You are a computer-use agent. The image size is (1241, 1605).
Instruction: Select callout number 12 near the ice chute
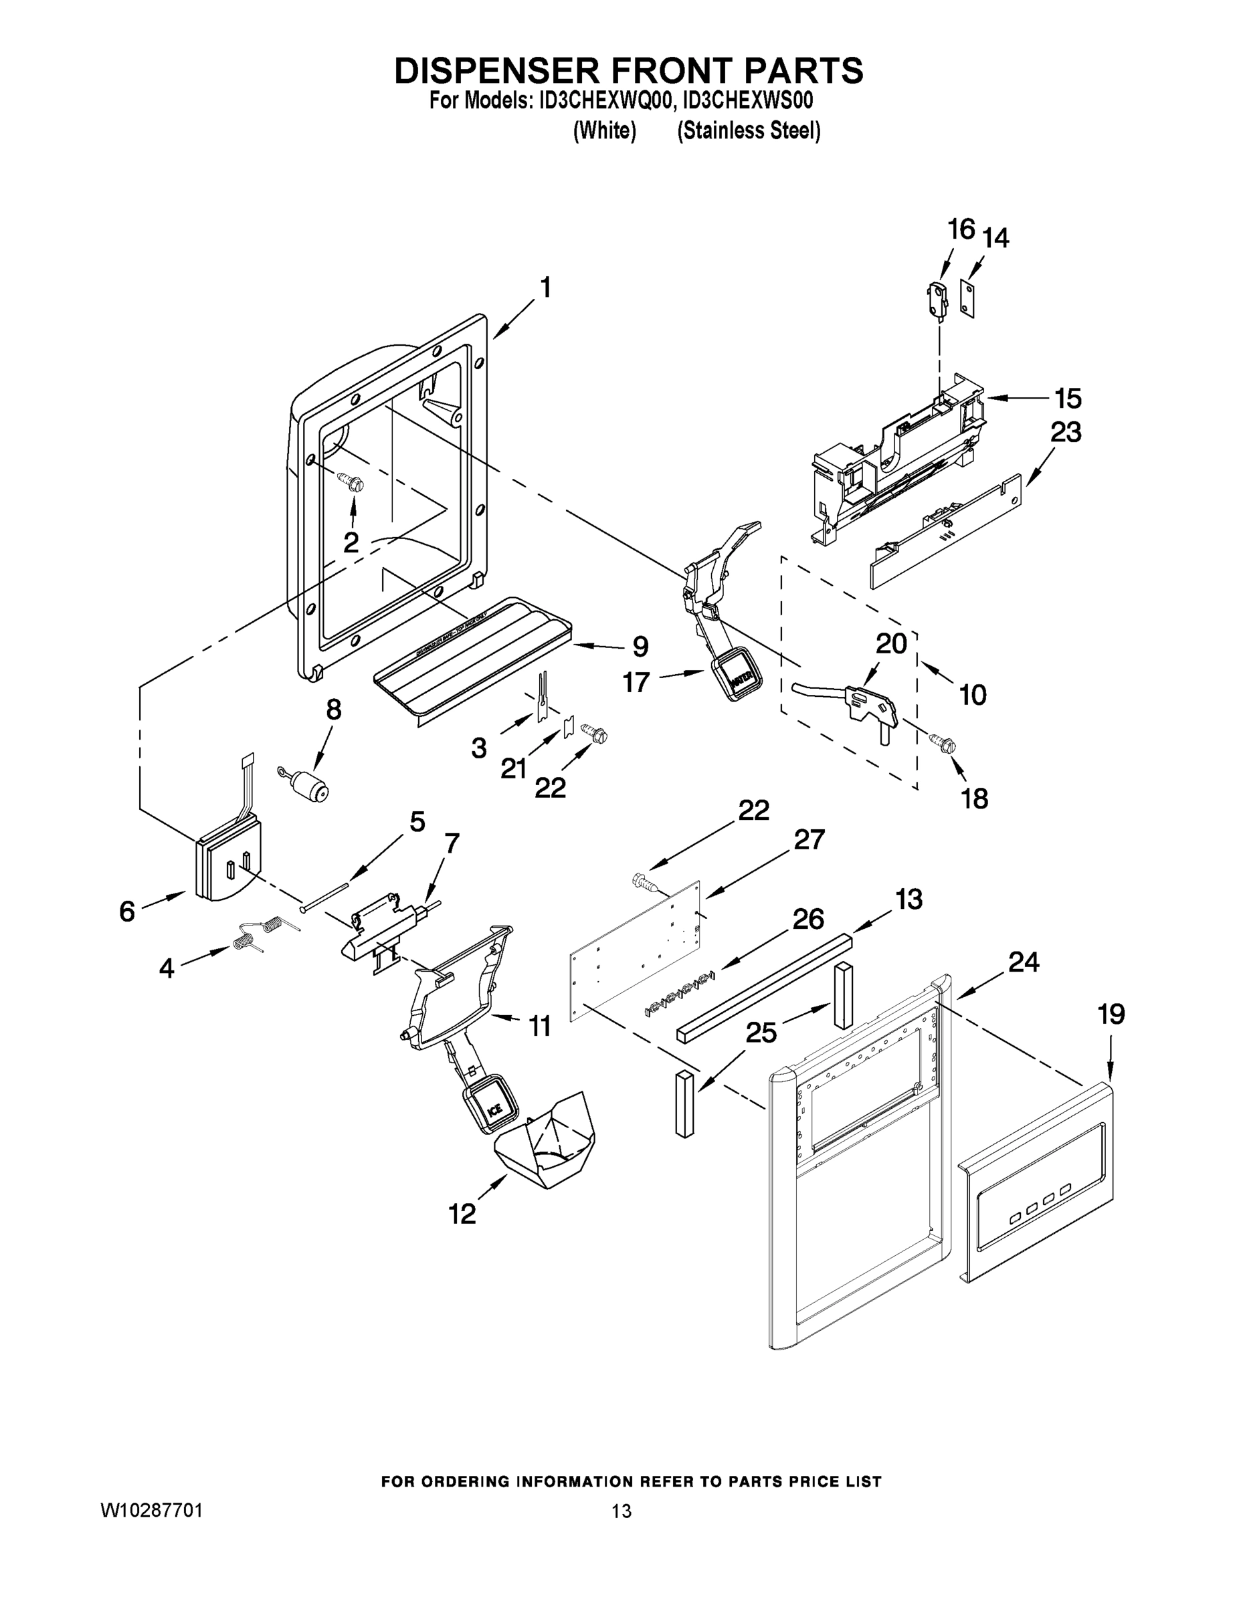click(x=462, y=1213)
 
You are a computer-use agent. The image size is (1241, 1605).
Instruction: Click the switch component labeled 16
click(x=935, y=299)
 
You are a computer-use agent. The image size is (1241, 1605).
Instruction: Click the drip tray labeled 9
click(x=470, y=658)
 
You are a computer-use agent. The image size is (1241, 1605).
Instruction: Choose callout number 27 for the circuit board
click(x=809, y=839)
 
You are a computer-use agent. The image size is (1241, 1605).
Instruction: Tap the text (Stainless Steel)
click(x=749, y=131)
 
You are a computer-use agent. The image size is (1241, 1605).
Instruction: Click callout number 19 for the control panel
click(x=1111, y=1015)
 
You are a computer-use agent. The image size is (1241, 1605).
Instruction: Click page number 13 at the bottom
click(x=622, y=1511)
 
